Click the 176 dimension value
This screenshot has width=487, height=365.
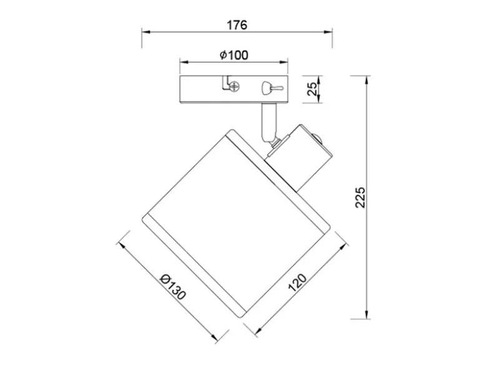pyautogui.click(x=237, y=25)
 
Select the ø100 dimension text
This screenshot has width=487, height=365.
pyautogui.click(x=234, y=56)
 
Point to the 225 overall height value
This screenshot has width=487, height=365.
pyautogui.click(x=360, y=197)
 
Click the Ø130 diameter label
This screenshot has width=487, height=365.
pyautogui.click(x=173, y=288)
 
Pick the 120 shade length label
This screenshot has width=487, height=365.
pyautogui.click(x=297, y=283)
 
